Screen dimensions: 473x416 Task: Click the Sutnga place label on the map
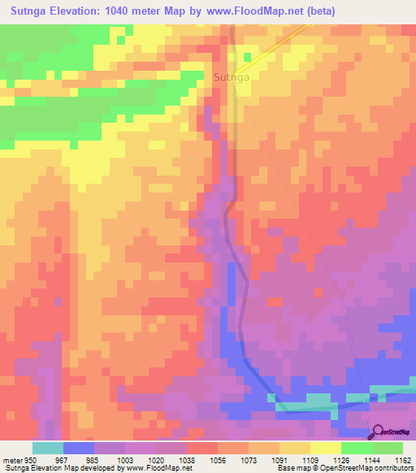point(231,77)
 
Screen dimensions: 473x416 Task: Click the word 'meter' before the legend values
point(11,460)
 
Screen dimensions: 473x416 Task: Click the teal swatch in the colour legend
point(47,448)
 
